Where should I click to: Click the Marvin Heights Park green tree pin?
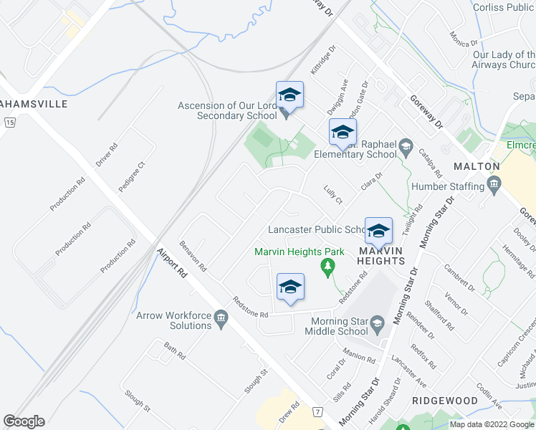point(328,268)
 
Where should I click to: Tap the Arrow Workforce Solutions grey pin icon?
point(221,317)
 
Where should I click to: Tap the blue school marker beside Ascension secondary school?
point(289,95)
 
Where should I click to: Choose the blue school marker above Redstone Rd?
point(290,287)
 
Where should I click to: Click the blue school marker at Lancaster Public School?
point(378,231)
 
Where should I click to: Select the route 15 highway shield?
point(9,123)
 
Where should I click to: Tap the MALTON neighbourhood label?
point(477,166)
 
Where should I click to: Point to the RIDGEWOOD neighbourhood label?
point(445,400)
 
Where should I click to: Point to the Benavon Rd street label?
point(193,257)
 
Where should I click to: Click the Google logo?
point(24,421)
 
